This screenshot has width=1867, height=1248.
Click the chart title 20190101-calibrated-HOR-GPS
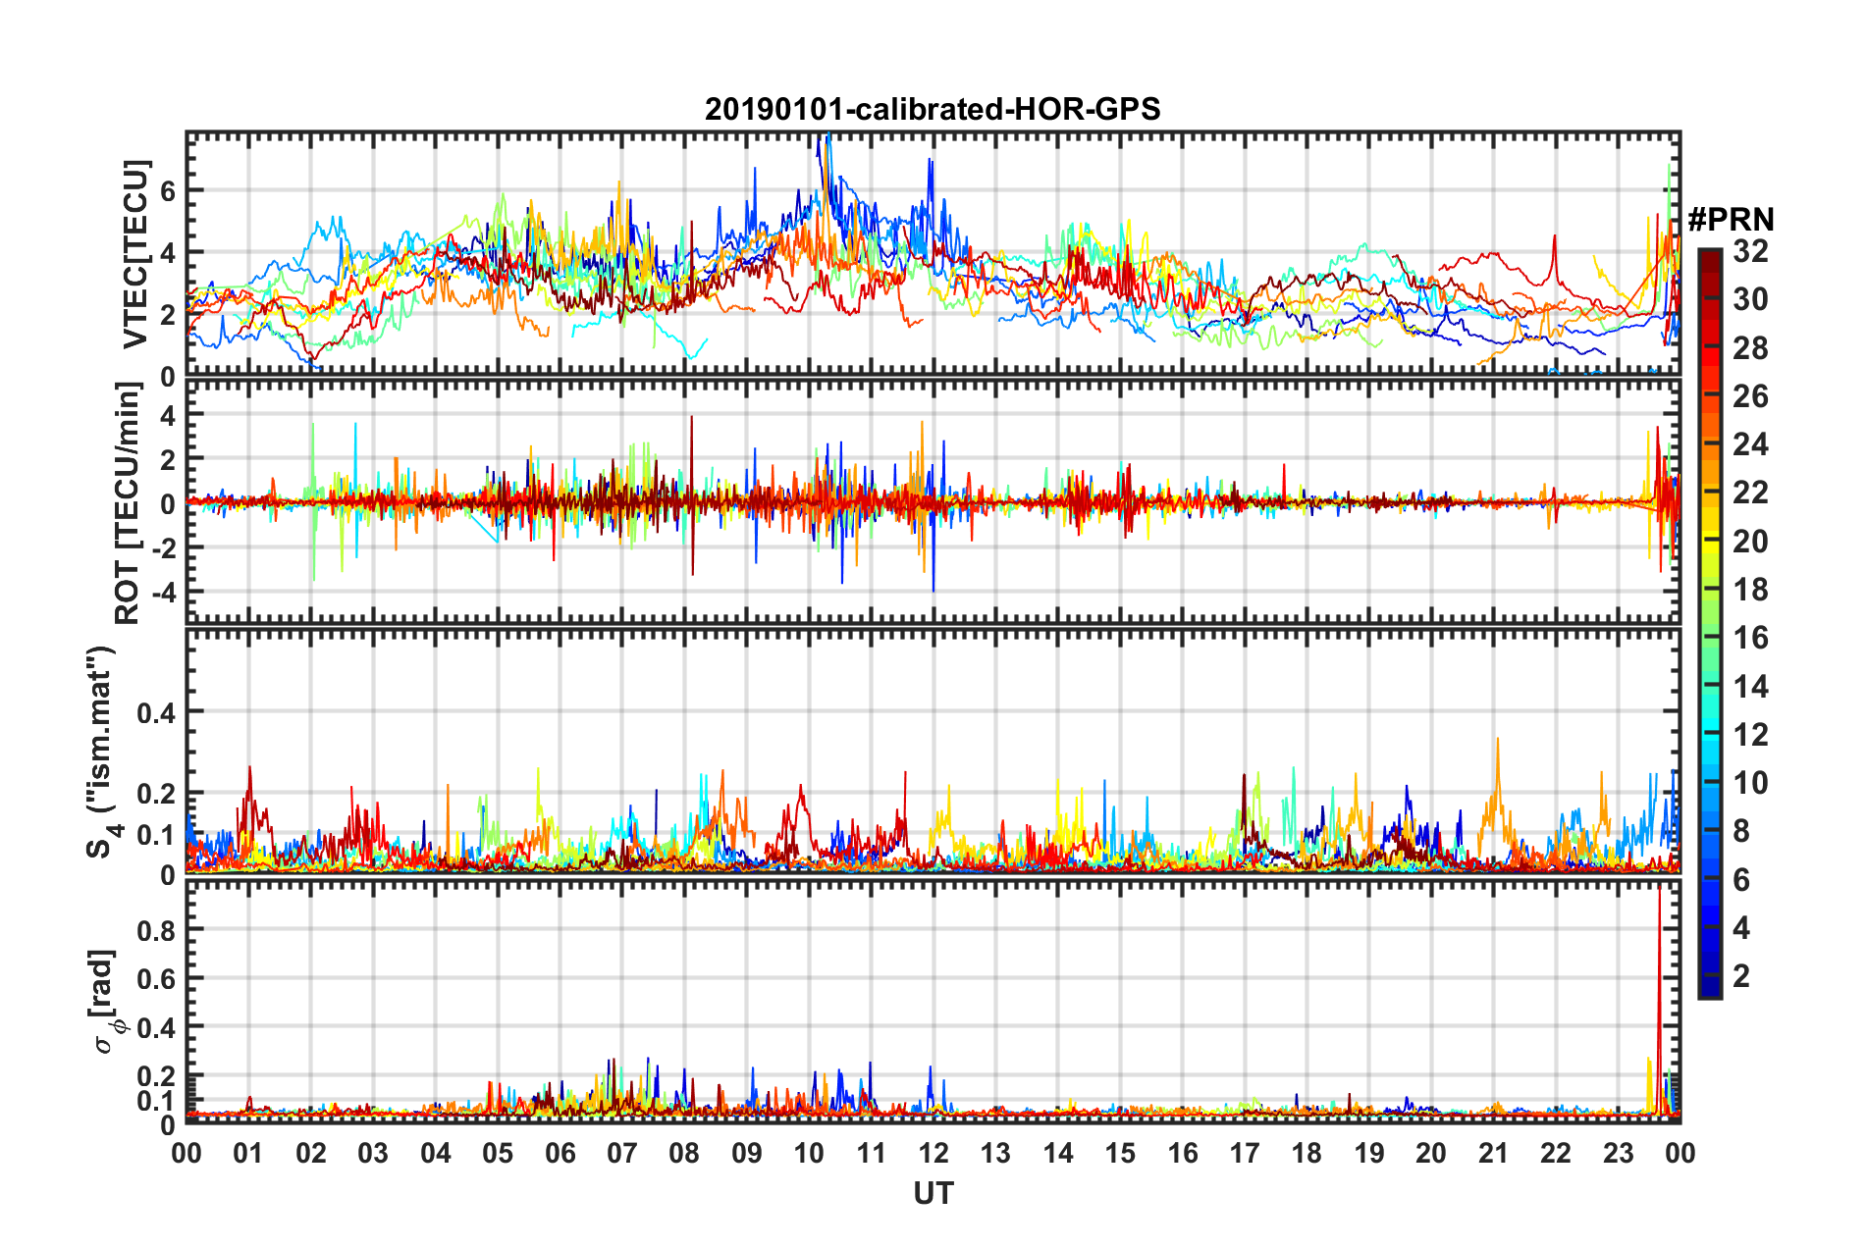coord(933,109)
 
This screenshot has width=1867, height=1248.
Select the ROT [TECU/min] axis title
coord(128,503)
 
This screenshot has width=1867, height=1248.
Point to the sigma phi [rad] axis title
coord(104,1002)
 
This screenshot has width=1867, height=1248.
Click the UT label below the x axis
coord(933,1193)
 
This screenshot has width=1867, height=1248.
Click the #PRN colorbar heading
coord(1731,219)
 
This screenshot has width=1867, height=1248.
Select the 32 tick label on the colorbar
coord(1750,251)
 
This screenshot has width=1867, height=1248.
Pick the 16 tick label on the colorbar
coord(1750,638)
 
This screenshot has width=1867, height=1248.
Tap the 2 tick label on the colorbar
coord(1741,975)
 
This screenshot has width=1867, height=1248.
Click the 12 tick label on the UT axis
coord(933,1153)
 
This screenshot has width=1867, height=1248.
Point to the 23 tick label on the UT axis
coord(1618,1153)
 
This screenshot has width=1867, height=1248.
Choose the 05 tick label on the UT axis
coord(498,1153)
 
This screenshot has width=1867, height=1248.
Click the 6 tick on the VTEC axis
coord(168,190)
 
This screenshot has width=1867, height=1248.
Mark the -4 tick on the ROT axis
coord(162,592)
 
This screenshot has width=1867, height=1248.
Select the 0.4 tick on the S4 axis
coord(156,711)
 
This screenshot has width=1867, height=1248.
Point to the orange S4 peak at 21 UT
coord(1497,744)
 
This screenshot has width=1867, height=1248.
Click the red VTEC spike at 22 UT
coord(1555,238)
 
